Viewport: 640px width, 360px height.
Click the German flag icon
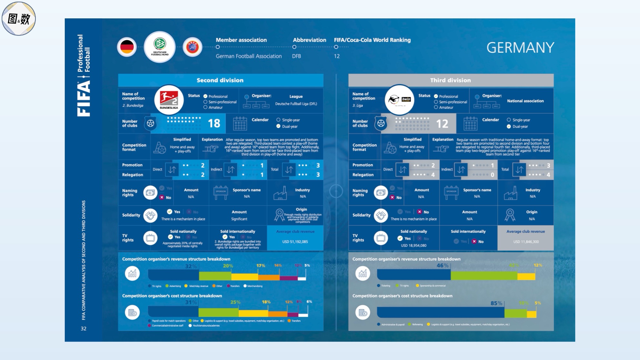127,47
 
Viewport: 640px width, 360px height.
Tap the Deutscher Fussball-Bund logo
160,47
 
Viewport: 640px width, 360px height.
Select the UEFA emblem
192,47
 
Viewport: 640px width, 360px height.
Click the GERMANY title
520,48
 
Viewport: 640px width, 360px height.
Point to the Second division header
220,80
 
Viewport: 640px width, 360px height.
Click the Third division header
450,80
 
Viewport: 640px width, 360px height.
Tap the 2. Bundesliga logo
169,100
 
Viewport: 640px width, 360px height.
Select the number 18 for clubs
214,123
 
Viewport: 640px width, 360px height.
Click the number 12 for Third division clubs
442,123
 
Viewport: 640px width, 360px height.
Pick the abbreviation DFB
296,56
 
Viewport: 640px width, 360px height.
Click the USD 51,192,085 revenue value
295,242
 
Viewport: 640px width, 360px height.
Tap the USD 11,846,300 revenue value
526,242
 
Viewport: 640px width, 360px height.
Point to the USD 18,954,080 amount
414,246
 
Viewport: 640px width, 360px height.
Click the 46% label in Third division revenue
442,266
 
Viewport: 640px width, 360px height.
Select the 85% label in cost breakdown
496,303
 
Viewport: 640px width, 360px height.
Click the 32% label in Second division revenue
191,266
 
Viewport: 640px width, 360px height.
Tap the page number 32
84,328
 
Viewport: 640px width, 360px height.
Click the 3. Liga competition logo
399,100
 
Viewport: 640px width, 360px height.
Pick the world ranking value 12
337,56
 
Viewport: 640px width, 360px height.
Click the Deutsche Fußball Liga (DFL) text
296,104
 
